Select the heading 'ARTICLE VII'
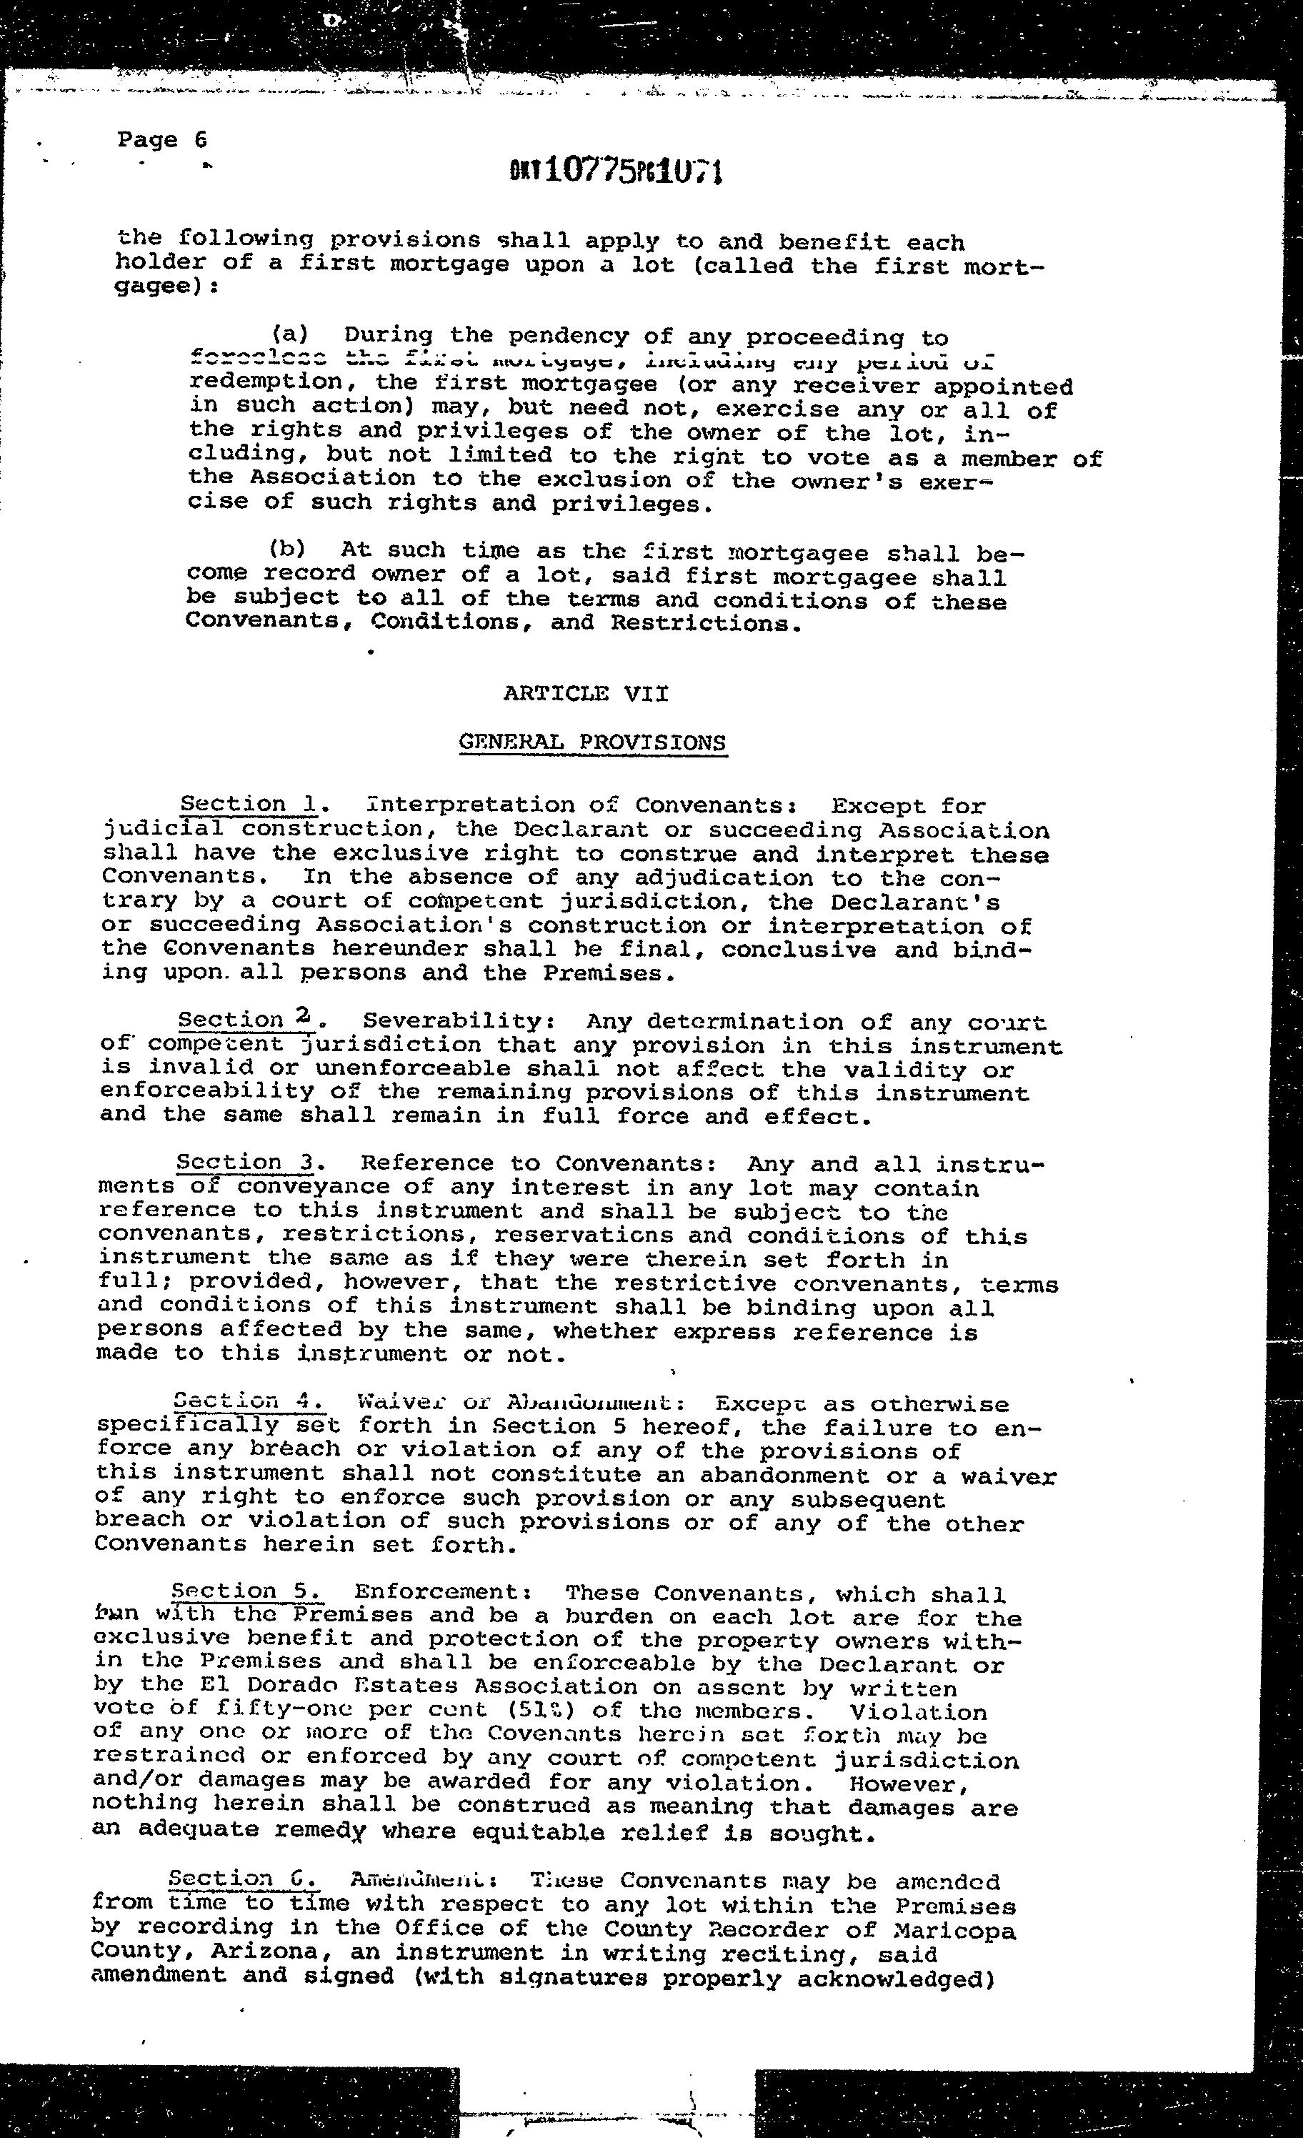pos(586,693)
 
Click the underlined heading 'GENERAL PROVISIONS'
pos(591,742)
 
